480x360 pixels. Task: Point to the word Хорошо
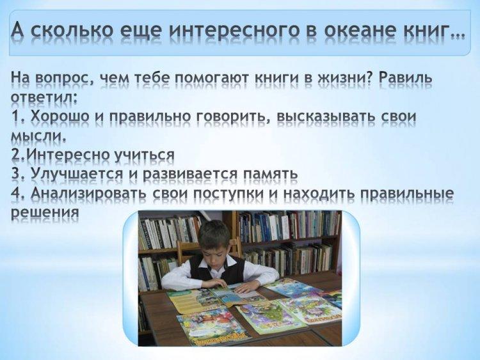pyautogui.click(x=56, y=117)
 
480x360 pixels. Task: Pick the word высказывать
pyautogui.click(x=325, y=116)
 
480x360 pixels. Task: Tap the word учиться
pyautogui.click(x=144, y=155)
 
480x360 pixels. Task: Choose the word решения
pyautogui.click(x=45, y=212)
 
